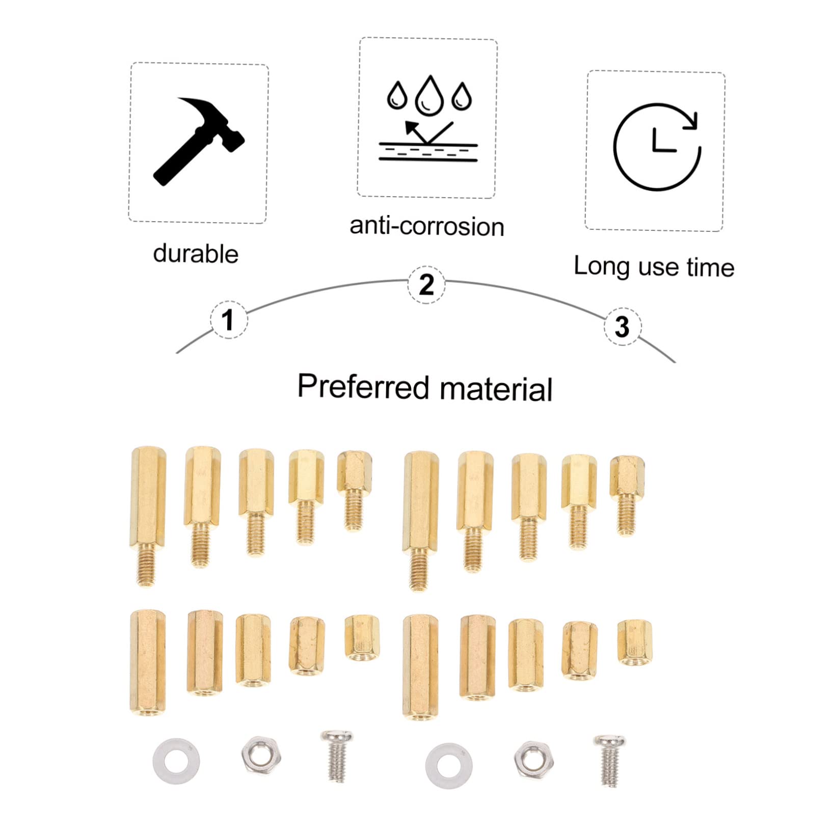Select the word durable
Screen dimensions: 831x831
196,254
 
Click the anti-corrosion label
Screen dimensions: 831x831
427,226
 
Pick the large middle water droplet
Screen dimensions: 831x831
428,95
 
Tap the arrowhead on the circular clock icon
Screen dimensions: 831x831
690,121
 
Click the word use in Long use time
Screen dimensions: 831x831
658,267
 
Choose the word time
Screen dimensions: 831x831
710,267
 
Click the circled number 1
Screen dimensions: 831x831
229,319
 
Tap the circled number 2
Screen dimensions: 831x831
426,284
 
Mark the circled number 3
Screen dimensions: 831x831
622,327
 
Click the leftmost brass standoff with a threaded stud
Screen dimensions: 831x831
148,515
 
